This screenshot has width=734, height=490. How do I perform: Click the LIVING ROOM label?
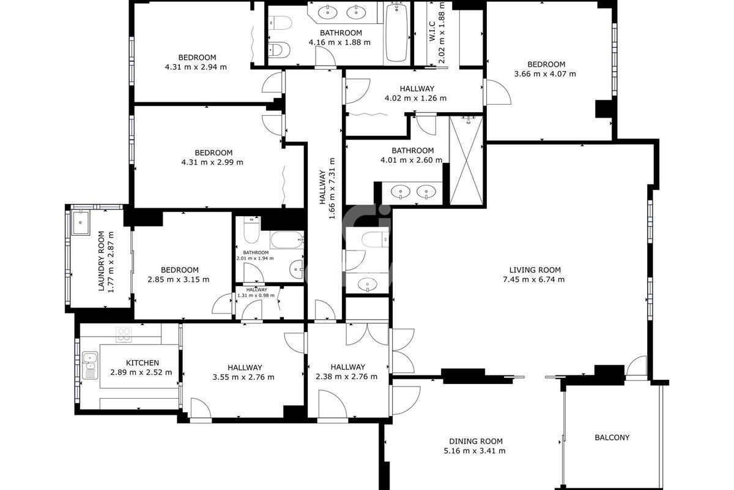[x=535, y=270]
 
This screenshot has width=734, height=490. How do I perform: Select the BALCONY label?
[x=612, y=437]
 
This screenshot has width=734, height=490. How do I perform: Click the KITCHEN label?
[x=143, y=363]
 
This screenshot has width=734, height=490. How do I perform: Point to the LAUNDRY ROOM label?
[x=102, y=262]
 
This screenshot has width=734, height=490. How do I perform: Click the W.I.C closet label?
[x=432, y=31]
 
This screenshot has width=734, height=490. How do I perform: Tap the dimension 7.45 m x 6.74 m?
[x=534, y=280]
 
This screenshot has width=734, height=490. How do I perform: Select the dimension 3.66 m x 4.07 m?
[x=545, y=74]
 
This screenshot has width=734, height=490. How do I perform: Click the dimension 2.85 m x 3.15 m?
[x=179, y=280]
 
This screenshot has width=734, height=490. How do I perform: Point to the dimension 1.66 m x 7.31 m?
[x=332, y=189]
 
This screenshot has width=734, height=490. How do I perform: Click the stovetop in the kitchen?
[x=124, y=335]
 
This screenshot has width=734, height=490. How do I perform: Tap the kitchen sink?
[x=90, y=365]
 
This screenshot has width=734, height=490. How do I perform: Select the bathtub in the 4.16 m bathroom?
[x=396, y=32]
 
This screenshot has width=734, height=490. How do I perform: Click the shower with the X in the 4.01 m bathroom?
[x=466, y=160]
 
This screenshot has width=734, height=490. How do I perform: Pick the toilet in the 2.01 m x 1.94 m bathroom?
[x=251, y=229]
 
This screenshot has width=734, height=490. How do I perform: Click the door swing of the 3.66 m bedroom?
[x=499, y=92]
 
